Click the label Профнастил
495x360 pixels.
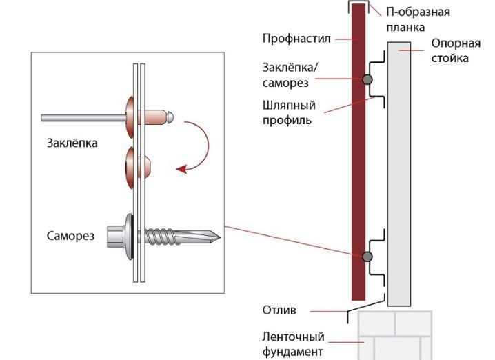296,39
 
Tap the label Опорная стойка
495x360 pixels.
456,50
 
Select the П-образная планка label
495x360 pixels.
418,19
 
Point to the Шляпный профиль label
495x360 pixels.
289,112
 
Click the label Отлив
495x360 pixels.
279,310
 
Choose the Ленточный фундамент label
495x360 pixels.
293,344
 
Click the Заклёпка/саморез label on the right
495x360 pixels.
290,75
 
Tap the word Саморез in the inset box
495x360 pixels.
70,236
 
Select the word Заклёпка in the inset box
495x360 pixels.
72,143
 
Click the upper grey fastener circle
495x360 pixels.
367,79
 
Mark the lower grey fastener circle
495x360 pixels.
367,257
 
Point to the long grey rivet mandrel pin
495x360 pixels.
83,118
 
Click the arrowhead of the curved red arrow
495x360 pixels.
181,170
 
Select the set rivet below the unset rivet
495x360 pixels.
138,168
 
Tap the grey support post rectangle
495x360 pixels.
399,174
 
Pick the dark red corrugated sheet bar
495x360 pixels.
358,152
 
